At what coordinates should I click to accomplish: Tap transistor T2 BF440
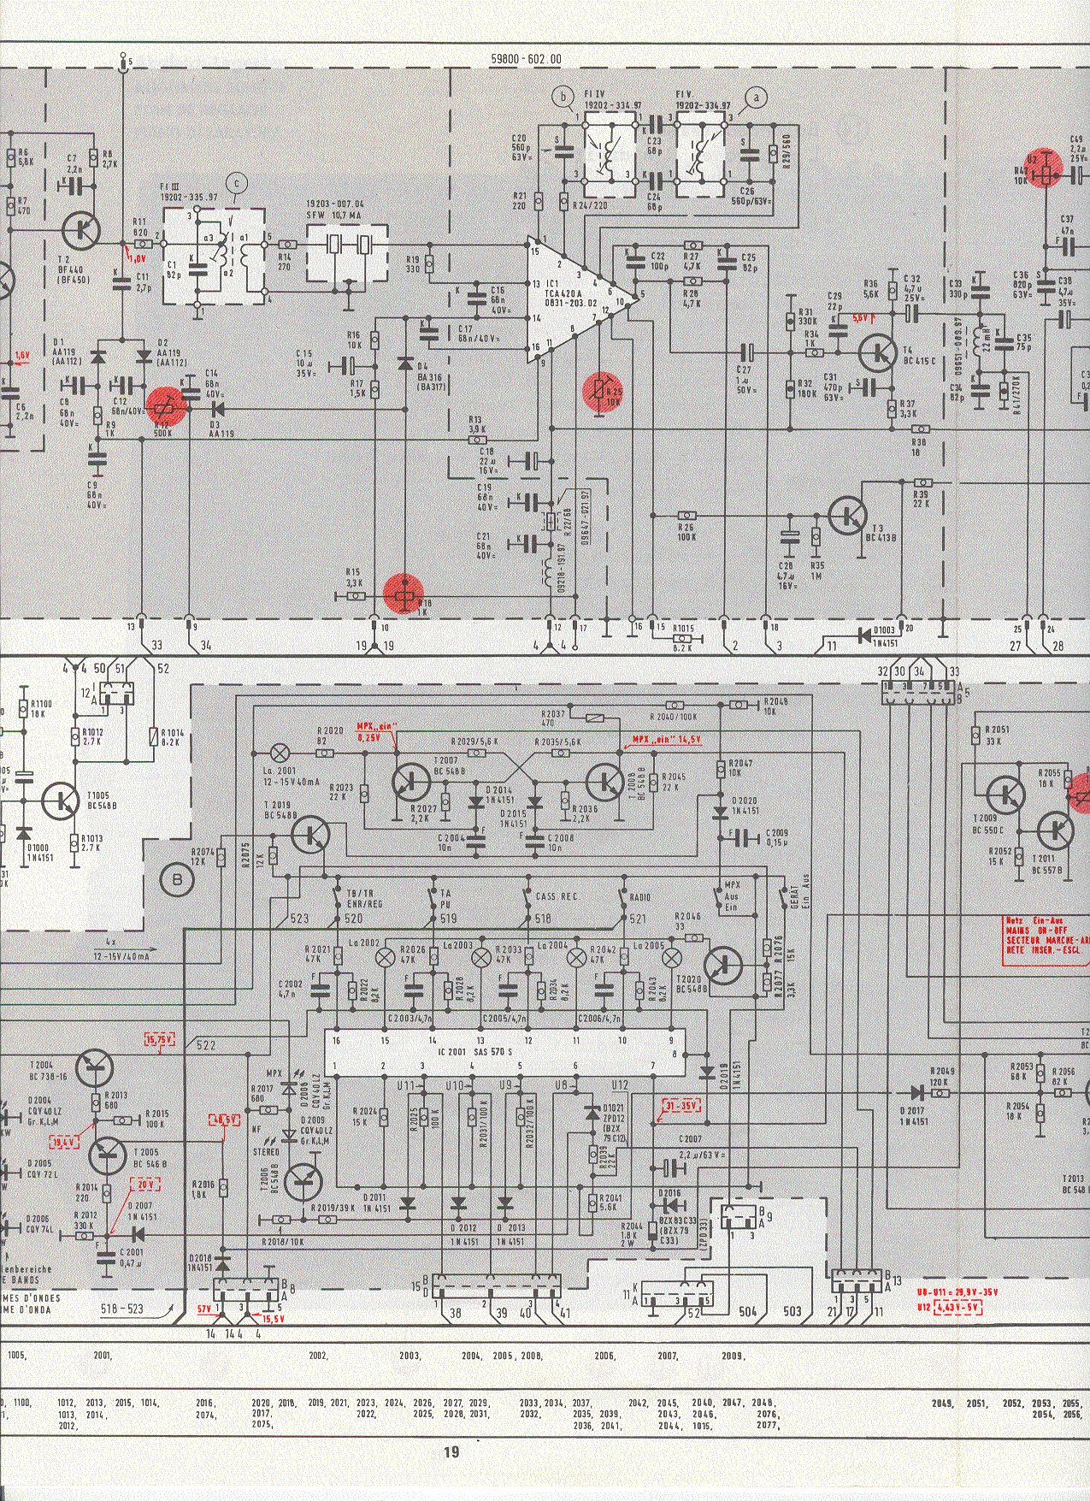click(81, 228)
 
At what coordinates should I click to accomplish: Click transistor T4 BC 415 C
click(877, 352)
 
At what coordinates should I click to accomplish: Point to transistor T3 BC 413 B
click(847, 516)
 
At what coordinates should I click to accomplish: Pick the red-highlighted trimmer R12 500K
click(165, 407)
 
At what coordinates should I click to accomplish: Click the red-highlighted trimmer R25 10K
click(601, 392)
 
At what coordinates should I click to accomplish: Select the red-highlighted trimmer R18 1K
click(404, 594)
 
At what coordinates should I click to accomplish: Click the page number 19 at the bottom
click(451, 1451)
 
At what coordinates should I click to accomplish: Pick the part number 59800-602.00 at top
click(527, 59)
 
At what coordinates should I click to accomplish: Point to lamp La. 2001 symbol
click(279, 753)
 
